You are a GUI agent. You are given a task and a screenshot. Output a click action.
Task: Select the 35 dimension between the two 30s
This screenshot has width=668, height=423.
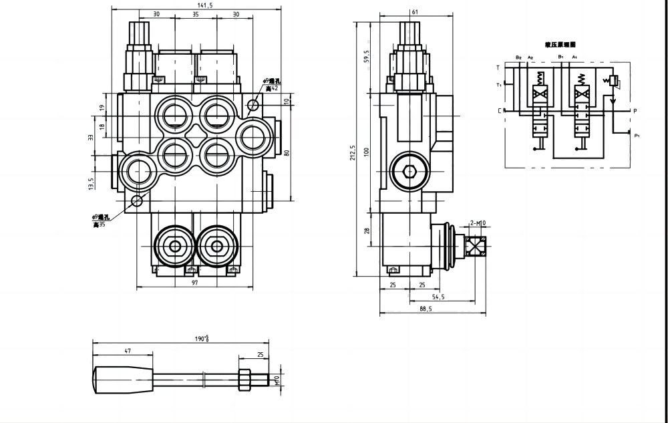point(196,14)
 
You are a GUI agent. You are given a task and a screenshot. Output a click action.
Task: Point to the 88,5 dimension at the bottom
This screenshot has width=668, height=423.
point(426,309)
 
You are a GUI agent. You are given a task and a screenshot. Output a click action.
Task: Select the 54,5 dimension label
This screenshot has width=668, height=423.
point(439,297)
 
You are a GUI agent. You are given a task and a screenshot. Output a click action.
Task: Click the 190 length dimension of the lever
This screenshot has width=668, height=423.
point(202,339)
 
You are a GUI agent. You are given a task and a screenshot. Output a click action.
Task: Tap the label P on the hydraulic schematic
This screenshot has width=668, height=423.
point(635,110)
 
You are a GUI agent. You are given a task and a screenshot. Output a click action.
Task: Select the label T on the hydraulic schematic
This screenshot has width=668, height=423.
point(498,67)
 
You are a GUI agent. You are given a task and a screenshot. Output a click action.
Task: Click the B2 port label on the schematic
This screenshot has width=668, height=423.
point(518,58)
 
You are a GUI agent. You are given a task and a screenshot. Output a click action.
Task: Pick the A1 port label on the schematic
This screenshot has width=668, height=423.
point(574,58)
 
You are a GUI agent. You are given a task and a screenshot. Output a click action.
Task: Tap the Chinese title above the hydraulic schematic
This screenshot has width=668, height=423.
point(560,44)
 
